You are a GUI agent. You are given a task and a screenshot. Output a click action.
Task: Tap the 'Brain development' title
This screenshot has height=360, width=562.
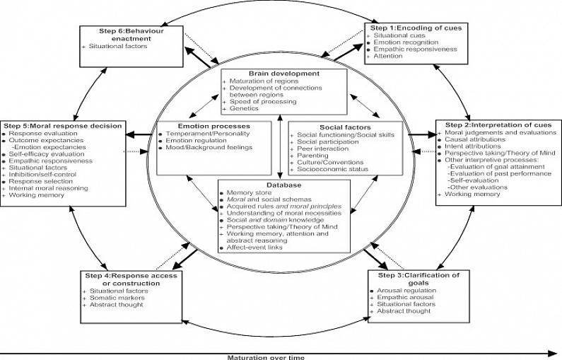coord(283,73)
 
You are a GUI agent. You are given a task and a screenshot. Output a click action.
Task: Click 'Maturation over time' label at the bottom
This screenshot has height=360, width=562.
coord(265,356)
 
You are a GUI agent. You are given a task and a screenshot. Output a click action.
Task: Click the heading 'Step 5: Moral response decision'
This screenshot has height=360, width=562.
coord(63,126)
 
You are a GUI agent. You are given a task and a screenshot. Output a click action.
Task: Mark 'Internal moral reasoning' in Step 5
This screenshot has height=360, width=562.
coord(48,187)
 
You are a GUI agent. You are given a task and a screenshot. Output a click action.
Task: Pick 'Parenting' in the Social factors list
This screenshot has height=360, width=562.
coord(313,156)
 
